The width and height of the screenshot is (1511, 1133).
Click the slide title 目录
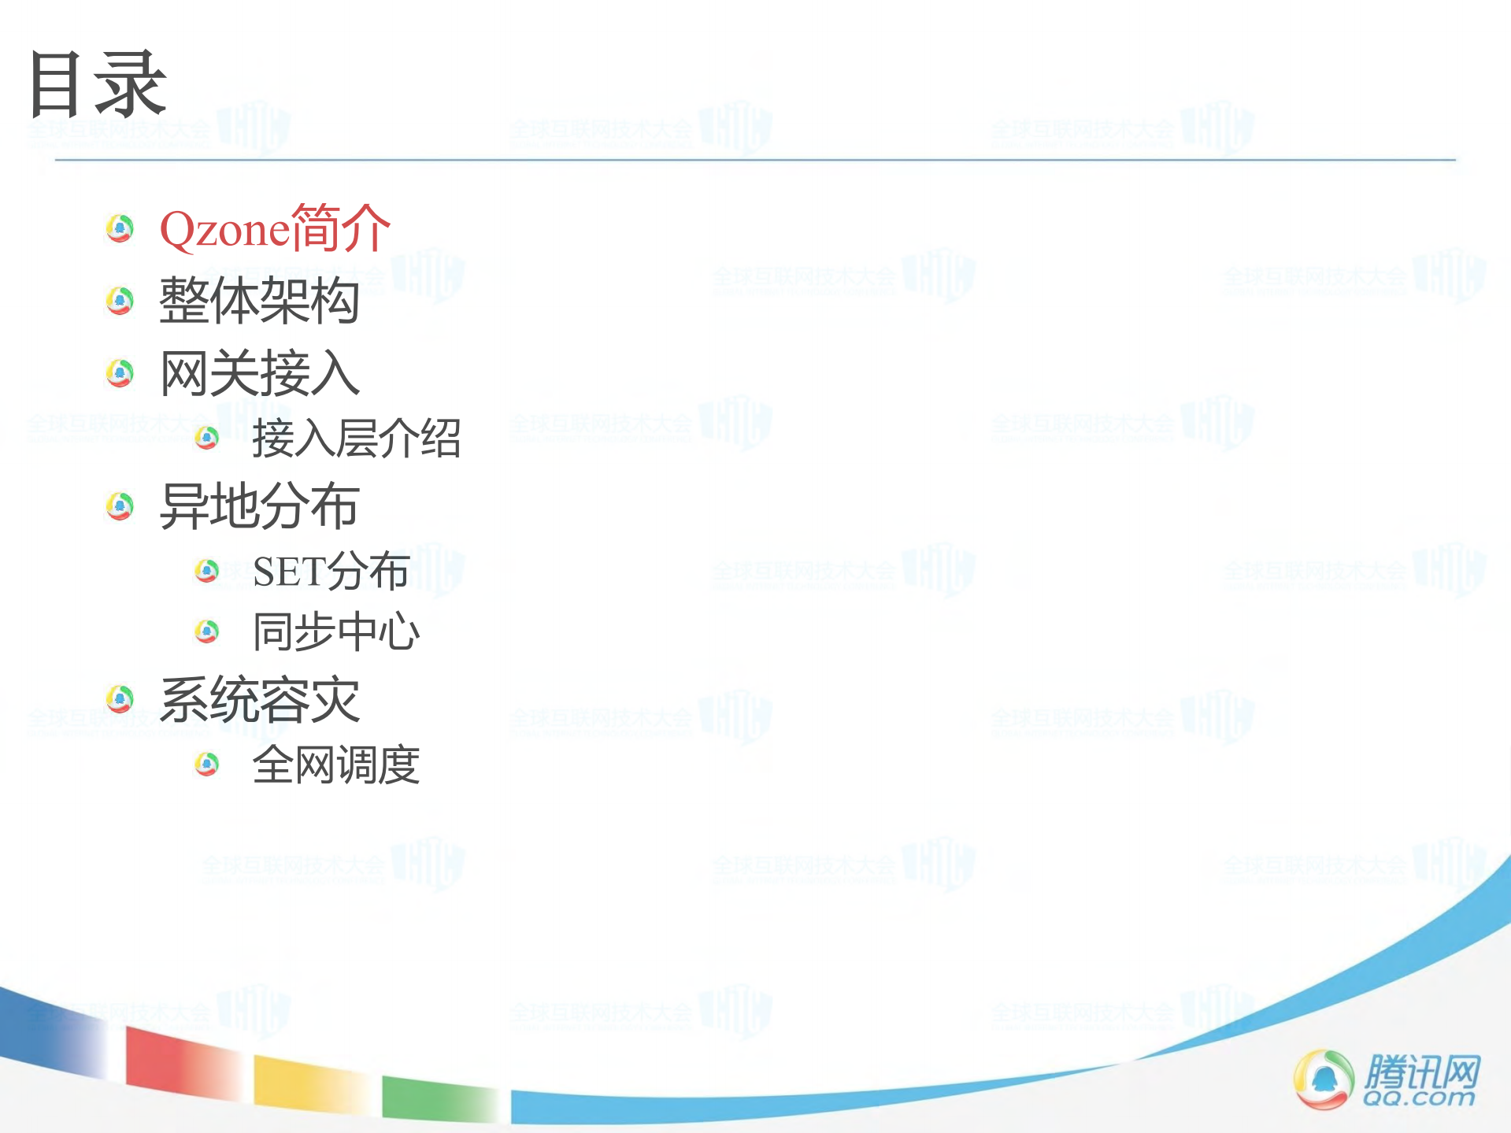click(97, 84)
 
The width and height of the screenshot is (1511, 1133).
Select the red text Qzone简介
click(275, 229)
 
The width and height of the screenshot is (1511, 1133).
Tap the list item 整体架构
click(259, 301)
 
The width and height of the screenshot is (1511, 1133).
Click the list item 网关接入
click(259, 373)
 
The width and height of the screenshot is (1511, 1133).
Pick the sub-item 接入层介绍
click(356, 439)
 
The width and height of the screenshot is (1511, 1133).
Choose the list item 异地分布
click(259, 505)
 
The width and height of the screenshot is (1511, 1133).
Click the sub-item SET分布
click(331, 571)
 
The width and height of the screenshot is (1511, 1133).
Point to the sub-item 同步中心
click(336, 631)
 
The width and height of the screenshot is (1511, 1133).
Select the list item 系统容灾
click(259, 699)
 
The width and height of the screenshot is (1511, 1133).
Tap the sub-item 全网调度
click(336, 765)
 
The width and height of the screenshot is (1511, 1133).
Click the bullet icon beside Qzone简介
click(120, 228)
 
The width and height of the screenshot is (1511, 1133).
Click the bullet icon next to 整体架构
click(120, 300)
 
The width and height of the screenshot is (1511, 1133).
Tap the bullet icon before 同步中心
click(206, 631)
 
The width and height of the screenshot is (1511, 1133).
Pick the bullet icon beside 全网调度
click(206, 764)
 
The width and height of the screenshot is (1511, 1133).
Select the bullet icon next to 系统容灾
click(120, 698)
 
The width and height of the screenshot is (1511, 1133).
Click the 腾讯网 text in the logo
click(1422, 1071)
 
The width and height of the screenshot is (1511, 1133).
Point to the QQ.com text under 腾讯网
click(1418, 1098)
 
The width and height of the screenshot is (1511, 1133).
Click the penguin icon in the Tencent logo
click(1323, 1079)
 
